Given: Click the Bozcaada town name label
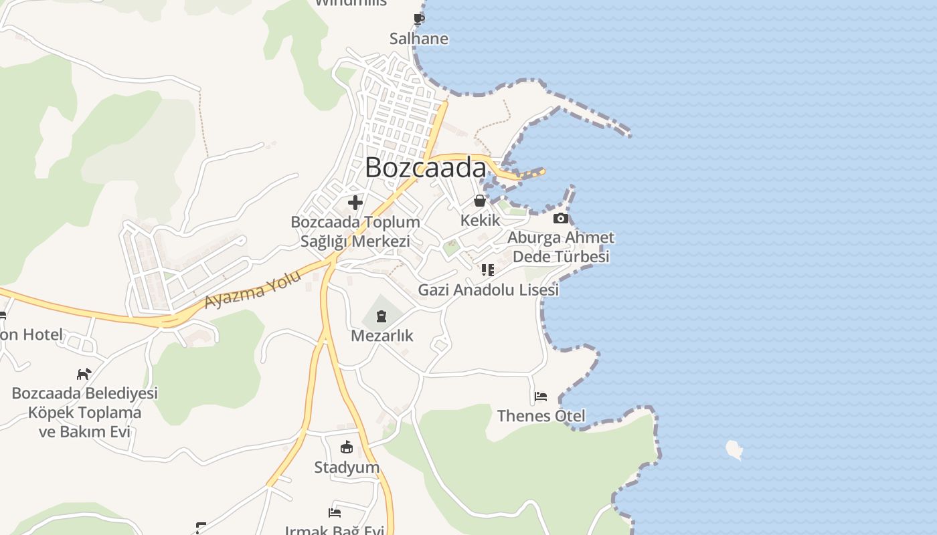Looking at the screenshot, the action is (426, 168).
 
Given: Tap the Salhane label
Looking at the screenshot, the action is (419, 39).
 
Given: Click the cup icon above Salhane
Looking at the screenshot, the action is (419, 19).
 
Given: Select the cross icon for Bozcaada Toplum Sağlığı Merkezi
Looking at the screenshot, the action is (355, 202).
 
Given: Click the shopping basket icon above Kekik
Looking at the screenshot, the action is (480, 200).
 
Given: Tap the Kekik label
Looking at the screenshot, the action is (480, 220).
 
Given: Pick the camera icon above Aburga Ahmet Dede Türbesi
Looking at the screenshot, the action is (561, 218).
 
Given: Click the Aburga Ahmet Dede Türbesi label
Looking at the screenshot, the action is (561, 247).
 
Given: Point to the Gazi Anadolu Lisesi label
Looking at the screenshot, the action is (488, 290).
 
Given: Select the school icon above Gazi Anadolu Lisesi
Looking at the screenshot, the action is (488, 270).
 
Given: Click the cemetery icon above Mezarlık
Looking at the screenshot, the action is (381, 316).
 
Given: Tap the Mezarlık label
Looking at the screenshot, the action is (382, 335).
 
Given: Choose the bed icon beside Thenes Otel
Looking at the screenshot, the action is (541, 397).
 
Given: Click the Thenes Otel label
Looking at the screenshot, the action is (541, 416).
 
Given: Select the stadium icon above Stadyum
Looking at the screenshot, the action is (347, 447).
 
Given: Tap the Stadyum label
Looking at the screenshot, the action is (347, 467).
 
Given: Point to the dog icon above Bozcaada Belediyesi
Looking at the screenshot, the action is (84, 374).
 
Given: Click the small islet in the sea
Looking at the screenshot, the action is (734, 449).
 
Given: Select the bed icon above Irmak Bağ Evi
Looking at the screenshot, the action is (335, 512).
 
